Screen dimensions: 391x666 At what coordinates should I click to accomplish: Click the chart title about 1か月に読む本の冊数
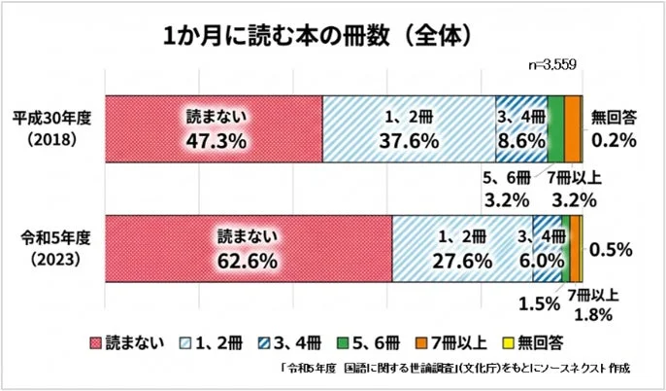click(316, 35)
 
